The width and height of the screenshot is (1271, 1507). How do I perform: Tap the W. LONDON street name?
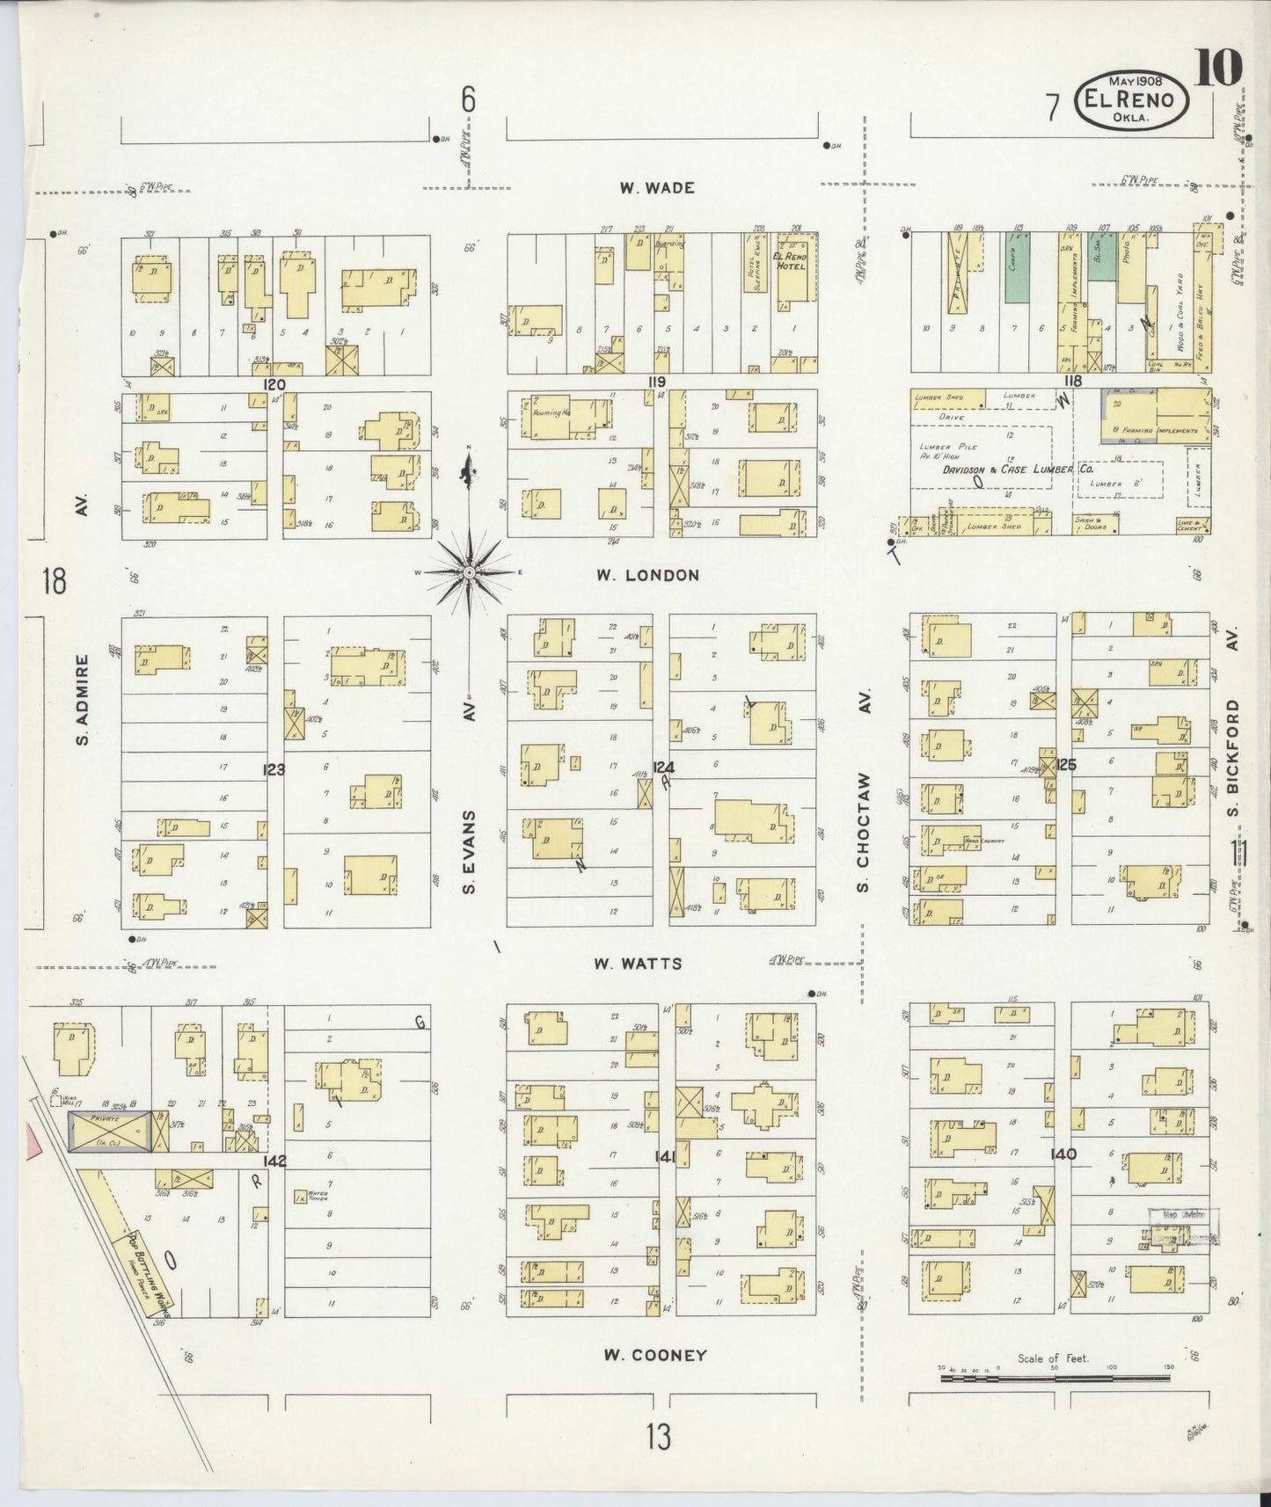click(647, 575)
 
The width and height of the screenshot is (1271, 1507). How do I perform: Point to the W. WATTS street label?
click(637, 964)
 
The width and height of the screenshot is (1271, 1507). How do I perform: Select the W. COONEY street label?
click(655, 1380)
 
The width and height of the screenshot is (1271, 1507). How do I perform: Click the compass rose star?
click(470, 572)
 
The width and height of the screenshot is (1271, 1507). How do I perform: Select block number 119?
click(656, 382)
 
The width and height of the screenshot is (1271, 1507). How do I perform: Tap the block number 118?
click(1071, 381)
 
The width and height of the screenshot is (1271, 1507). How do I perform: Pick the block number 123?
click(274, 770)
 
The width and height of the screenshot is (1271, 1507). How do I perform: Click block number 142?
click(274, 1161)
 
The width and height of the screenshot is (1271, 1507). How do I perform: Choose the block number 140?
click(1063, 1154)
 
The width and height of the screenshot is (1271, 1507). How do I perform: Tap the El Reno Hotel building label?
click(789, 260)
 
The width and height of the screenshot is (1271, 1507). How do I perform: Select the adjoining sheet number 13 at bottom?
click(657, 1436)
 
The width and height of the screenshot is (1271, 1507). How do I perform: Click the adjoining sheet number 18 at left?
click(55, 581)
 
